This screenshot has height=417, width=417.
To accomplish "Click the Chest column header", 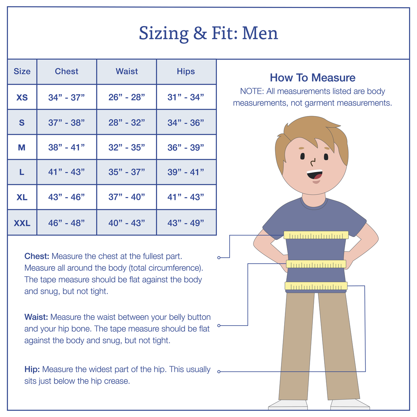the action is [66, 71].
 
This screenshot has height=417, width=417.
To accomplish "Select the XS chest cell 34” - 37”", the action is [66, 97].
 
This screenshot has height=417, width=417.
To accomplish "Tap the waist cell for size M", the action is [126, 147].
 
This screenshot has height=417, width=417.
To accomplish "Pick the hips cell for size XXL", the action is [186, 223].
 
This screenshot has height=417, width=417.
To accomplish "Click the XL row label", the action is [22, 197].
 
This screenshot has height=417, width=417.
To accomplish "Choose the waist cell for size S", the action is [126, 122].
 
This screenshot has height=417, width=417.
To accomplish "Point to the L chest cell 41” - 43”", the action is [66, 172].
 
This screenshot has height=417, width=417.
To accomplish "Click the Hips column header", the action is [186, 71].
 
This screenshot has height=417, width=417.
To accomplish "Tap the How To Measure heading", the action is [312, 77].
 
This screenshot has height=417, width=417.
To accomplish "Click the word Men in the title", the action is [260, 33].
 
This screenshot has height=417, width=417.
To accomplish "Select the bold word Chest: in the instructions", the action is [37, 256].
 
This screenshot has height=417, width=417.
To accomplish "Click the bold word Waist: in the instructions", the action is [36, 317].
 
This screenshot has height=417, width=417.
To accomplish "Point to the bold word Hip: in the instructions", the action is [32, 369].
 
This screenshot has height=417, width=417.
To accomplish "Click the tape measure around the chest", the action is [316, 235].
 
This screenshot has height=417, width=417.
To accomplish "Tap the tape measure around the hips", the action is [316, 286].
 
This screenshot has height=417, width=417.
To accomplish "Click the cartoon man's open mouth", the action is [314, 174].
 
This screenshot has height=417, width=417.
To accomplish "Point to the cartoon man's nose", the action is [313, 162].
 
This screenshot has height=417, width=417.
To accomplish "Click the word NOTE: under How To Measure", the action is [252, 91].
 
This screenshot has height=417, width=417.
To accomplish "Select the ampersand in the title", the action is [200, 33].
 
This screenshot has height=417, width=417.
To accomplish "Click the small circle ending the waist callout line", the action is [219, 326].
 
